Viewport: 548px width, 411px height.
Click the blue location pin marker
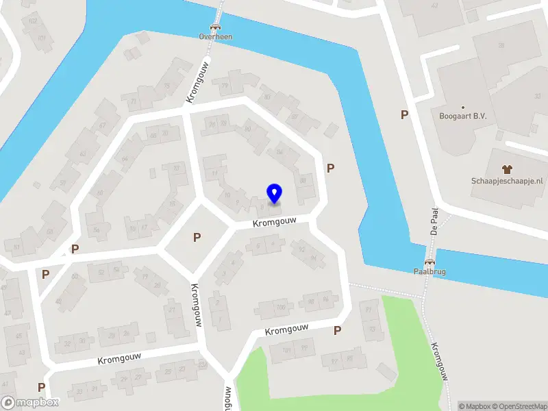(x=274, y=193)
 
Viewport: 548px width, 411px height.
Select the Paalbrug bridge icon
(x=430, y=262)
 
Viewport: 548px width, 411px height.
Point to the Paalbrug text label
(x=430, y=272)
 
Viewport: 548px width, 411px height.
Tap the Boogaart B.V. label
(x=462, y=116)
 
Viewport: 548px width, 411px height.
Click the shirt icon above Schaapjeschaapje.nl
(x=507, y=169)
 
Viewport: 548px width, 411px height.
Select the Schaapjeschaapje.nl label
(x=507, y=181)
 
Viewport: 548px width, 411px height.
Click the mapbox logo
(x=30, y=403)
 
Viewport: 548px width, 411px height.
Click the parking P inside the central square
(x=197, y=238)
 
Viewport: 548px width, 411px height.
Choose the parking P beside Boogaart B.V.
(x=405, y=115)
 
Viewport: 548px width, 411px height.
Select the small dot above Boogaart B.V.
(x=462, y=108)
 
